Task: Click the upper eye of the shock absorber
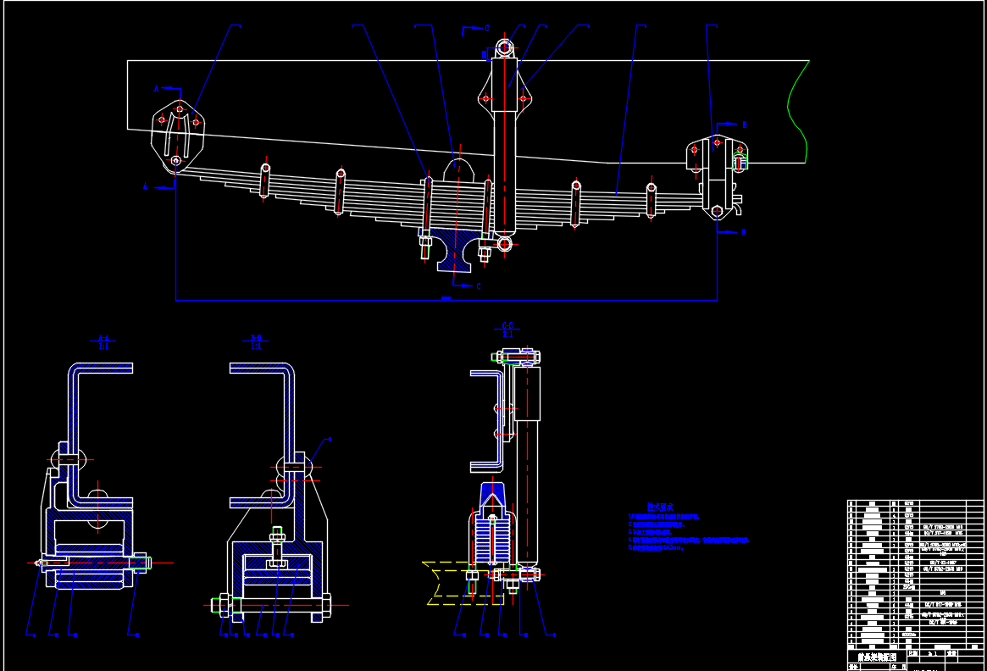point(505,47)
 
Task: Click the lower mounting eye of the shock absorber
point(505,244)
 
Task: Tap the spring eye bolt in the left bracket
point(175,160)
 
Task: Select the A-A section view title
point(103,341)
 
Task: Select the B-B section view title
point(256,341)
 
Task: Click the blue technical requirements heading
point(660,506)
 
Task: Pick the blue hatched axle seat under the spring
point(456,250)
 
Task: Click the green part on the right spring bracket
point(740,159)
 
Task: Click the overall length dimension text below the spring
point(446,298)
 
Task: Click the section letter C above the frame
point(486,28)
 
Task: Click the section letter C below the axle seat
point(479,286)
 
